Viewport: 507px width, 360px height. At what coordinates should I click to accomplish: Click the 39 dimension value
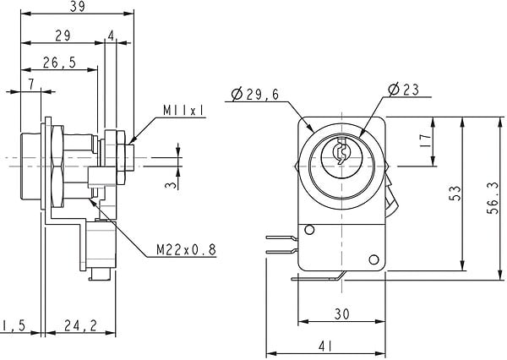(77, 7)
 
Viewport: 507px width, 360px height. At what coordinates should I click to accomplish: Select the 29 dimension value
(63, 35)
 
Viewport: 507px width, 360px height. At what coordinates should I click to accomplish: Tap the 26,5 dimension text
(59, 63)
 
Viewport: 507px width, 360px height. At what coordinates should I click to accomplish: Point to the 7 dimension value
(31, 85)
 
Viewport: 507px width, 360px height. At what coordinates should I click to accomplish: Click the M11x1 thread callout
(183, 111)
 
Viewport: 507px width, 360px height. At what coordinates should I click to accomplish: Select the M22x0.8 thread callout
(186, 249)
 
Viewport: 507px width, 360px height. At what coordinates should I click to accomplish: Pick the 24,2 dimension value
(80, 325)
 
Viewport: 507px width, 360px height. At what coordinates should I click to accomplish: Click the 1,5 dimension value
(14, 325)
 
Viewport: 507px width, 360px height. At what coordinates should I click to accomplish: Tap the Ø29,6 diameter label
(255, 94)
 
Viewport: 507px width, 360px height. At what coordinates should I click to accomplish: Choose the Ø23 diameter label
(404, 90)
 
